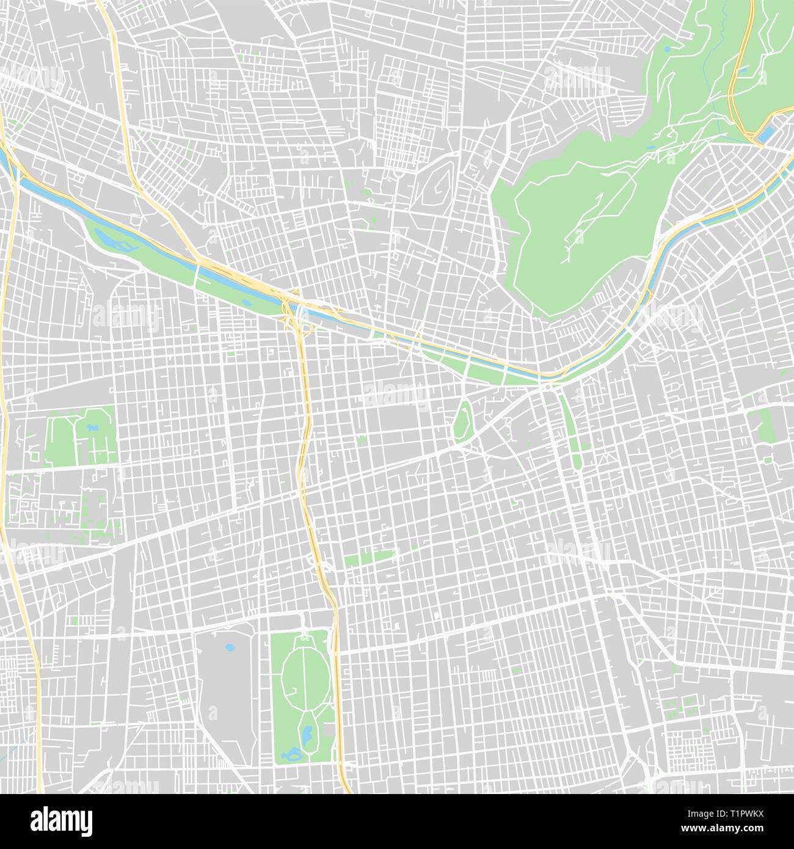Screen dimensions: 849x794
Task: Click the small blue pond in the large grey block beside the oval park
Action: point(230,647)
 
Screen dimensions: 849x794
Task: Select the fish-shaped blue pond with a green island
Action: point(292,756)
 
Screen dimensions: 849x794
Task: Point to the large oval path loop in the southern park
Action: point(305,672)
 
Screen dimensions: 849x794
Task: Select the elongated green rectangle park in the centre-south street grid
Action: point(369,557)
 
